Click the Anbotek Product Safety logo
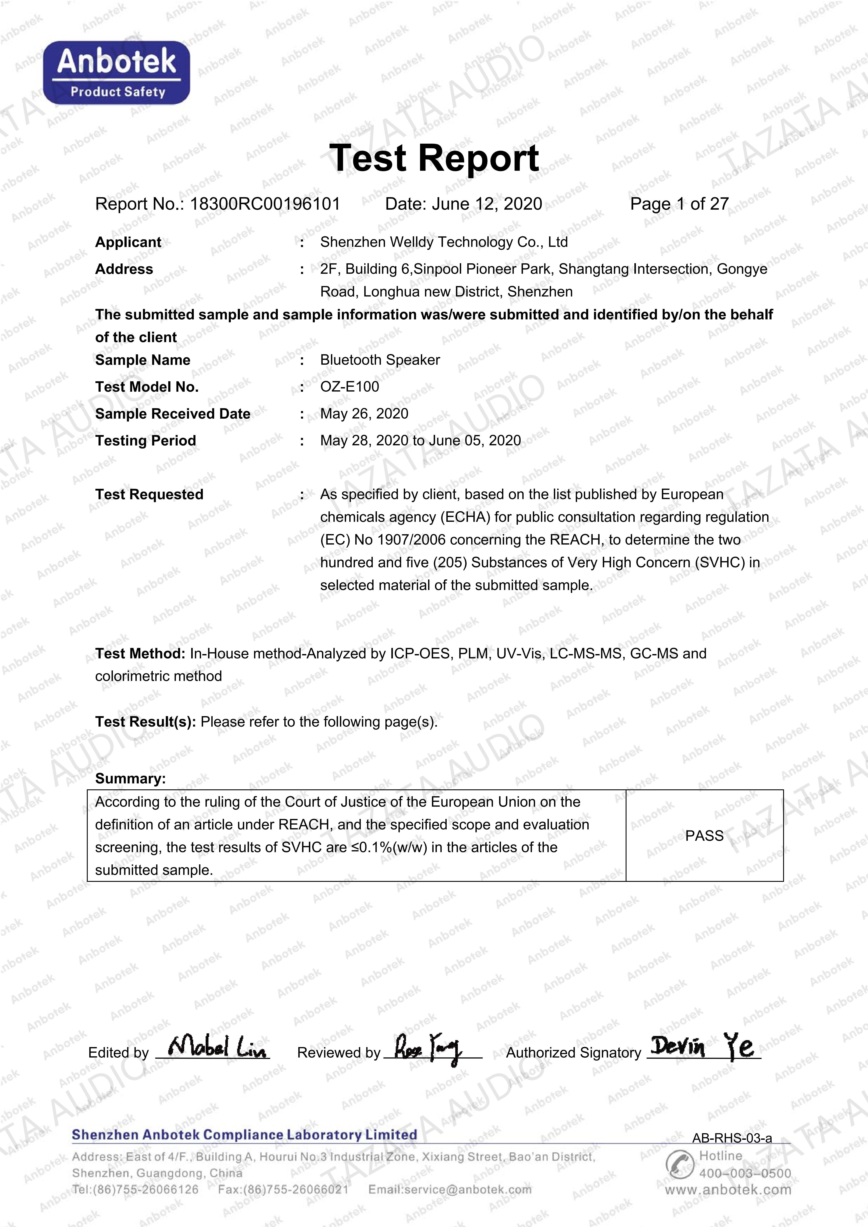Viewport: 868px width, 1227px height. [117, 73]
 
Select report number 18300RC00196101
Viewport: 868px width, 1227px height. [265, 204]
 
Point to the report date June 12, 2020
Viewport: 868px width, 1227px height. [487, 204]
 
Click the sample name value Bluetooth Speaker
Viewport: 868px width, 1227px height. [380, 360]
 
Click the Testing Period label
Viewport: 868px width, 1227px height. [145, 441]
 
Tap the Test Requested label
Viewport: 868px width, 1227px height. [149, 495]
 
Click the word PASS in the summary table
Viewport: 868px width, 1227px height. [704, 836]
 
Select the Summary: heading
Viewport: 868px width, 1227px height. [131, 779]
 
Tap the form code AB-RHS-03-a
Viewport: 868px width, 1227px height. [732, 1138]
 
